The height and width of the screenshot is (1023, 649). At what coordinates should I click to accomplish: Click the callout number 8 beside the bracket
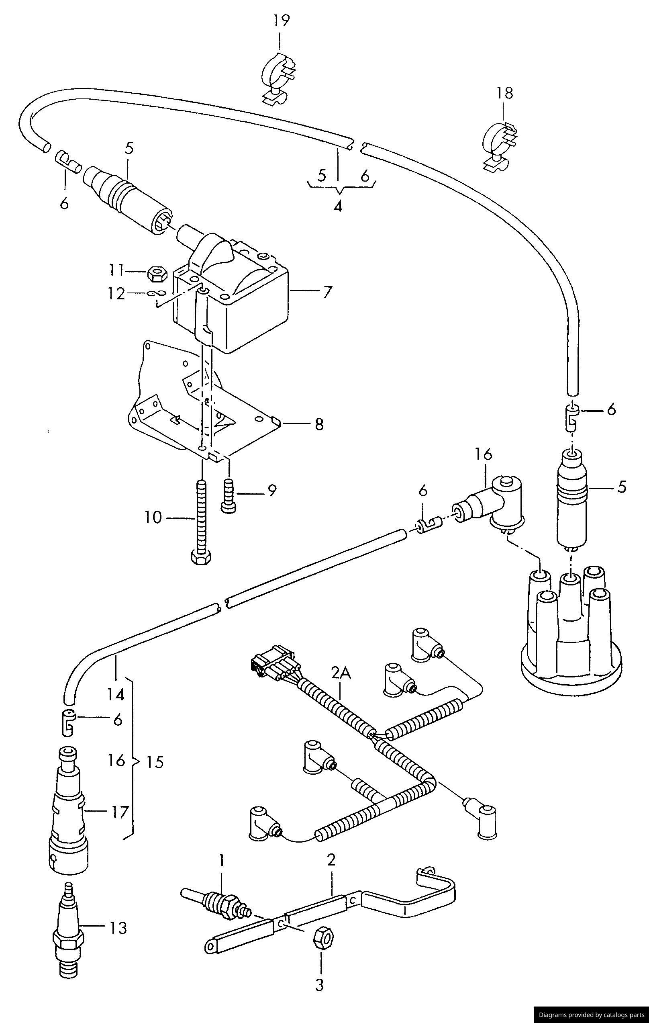319,424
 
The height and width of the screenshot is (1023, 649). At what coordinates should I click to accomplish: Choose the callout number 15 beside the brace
155,763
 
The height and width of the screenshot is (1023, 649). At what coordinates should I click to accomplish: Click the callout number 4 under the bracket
338,207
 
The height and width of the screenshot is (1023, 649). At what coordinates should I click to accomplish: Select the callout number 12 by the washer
116,294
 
